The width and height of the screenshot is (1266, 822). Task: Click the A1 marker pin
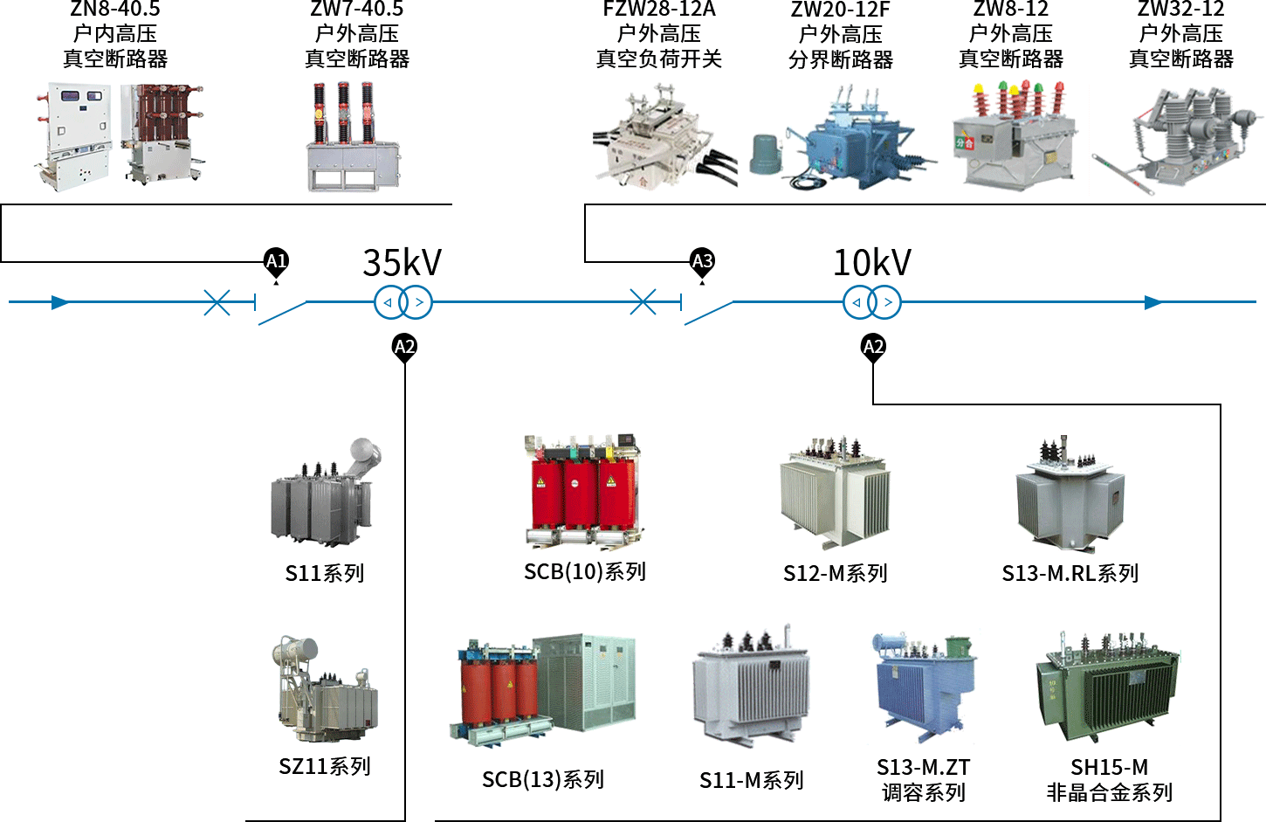[x=276, y=262]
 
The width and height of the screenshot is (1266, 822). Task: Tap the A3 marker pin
[x=702, y=262]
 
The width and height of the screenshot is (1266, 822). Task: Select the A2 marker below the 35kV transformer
[x=404, y=347]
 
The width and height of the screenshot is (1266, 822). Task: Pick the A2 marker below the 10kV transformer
[x=873, y=347]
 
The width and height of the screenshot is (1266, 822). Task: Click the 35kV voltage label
[x=402, y=262]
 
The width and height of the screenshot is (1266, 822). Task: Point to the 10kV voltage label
[x=872, y=262]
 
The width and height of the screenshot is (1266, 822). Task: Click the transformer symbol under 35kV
[x=403, y=302]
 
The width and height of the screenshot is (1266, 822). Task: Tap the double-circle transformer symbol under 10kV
[x=871, y=302]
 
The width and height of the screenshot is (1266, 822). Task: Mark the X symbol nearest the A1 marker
[x=217, y=302]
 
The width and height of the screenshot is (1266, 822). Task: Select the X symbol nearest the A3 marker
[x=643, y=302]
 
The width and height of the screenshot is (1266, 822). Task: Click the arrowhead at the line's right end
[x=1154, y=302]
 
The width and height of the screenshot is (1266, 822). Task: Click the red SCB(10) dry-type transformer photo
[x=583, y=492]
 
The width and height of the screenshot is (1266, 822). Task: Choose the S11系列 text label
[x=324, y=573]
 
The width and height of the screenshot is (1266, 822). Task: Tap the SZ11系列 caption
[x=325, y=766]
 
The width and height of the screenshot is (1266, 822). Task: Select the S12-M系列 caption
[x=835, y=573]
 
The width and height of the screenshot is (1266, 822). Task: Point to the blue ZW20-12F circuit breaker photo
[x=843, y=140]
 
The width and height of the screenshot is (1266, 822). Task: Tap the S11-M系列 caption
[x=751, y=780]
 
